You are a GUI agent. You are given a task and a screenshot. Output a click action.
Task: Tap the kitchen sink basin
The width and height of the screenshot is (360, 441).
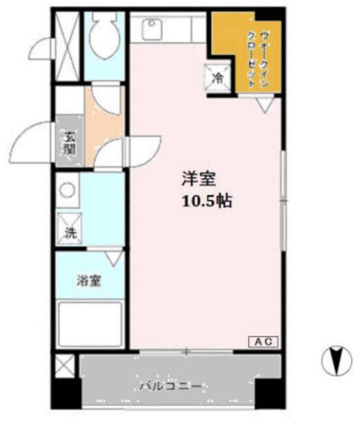(151, 29)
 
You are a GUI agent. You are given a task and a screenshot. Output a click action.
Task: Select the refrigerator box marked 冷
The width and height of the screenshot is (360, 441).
(216, 78)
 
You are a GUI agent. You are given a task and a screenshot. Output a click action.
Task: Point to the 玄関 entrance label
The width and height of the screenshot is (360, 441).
(70, 141)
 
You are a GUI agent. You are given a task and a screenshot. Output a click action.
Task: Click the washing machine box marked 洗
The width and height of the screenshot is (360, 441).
(70, 233)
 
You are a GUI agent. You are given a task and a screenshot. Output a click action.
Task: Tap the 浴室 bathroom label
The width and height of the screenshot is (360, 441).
(90, 281)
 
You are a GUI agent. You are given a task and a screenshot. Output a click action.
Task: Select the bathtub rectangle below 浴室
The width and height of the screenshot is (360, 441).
(91, 324)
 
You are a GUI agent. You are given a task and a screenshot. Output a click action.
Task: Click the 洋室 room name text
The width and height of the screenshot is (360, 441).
(199, 180)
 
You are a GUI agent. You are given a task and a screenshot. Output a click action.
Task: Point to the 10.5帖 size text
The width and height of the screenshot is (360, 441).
(206, 202)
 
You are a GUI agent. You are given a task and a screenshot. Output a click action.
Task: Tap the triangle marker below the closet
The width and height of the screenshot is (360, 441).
(264, 105)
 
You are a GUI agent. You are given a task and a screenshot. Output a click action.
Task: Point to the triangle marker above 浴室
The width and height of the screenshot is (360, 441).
(114, 258)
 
